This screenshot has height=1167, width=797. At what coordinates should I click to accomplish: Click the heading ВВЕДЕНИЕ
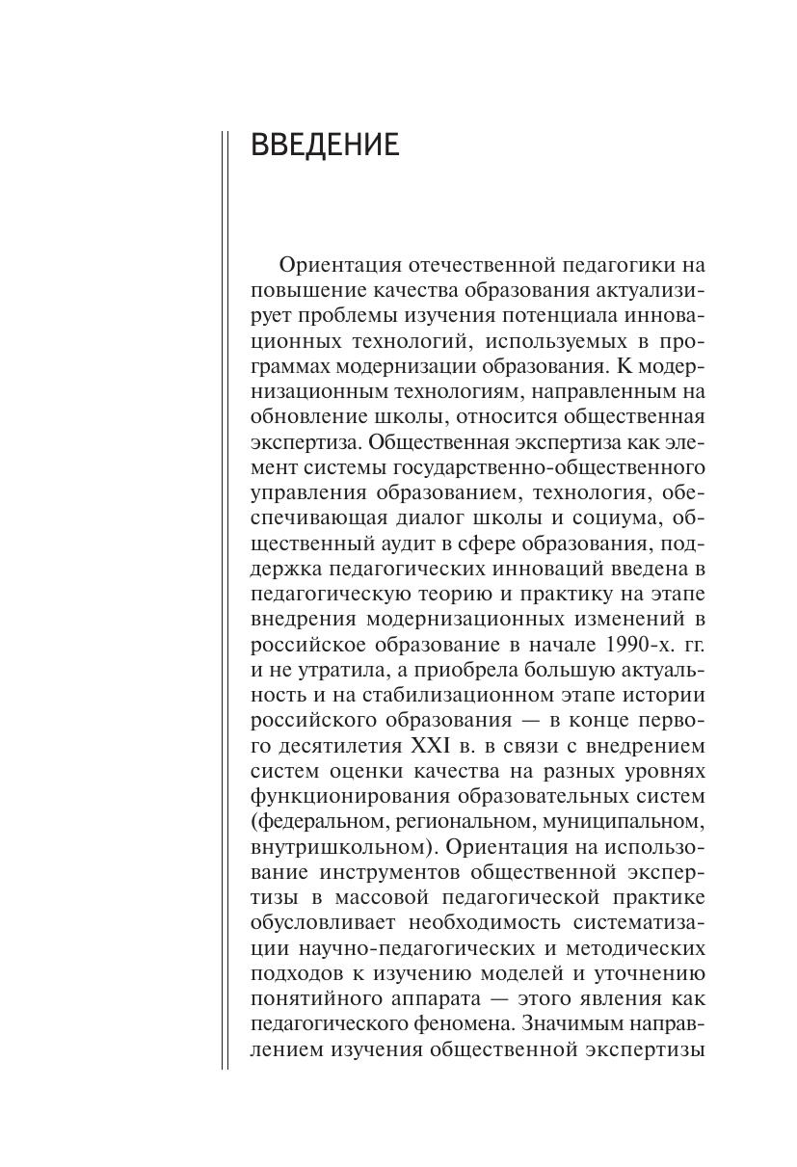(324, 146)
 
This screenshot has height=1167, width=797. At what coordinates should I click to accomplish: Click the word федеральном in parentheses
(319, 821)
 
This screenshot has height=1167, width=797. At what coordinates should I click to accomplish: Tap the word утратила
(326, 669)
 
